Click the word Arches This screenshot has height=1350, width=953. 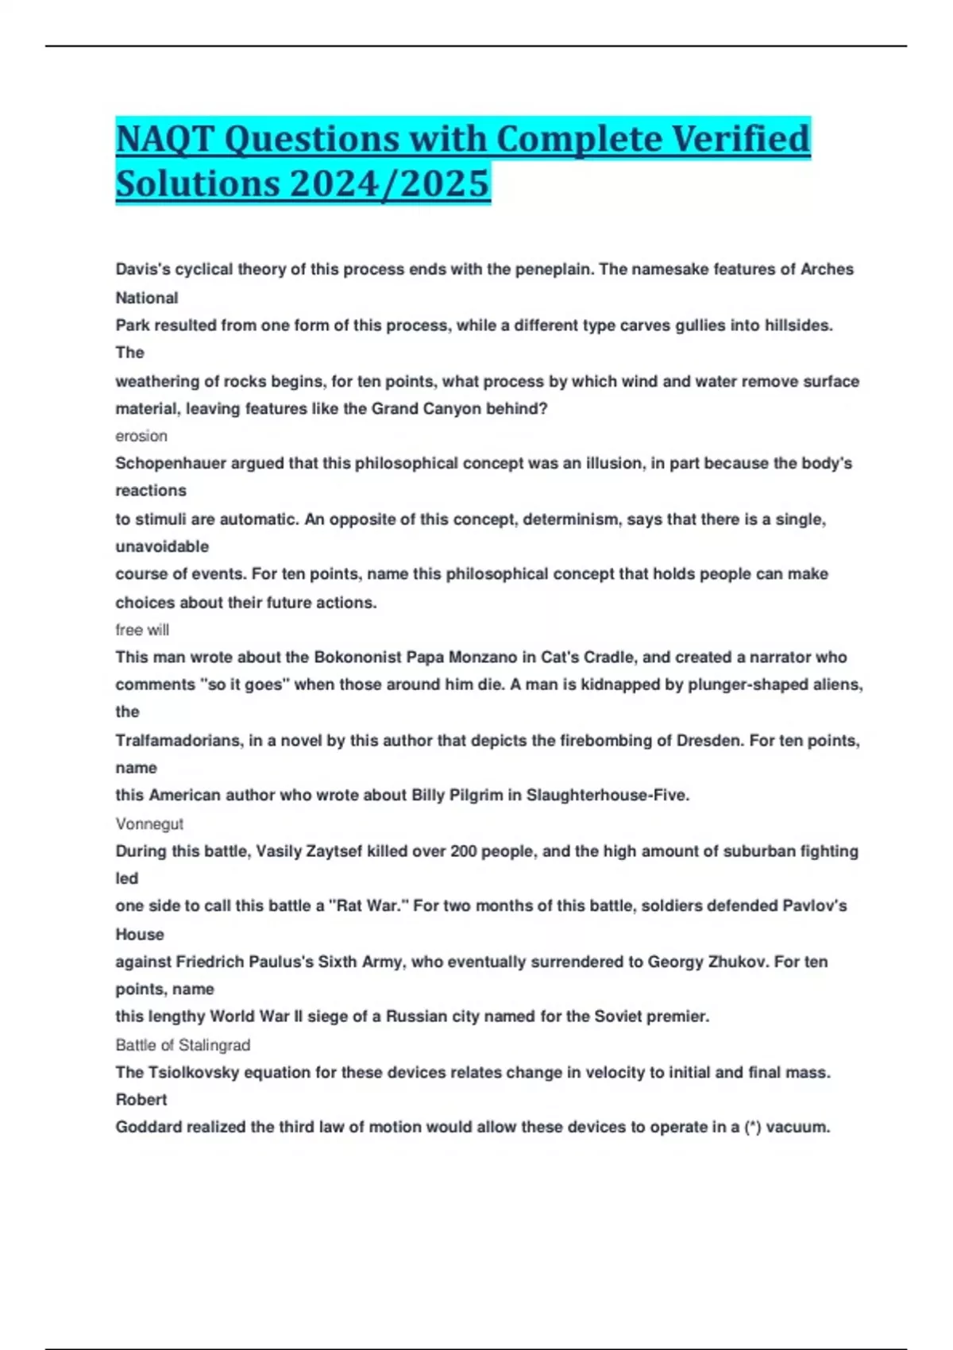pos(827,269)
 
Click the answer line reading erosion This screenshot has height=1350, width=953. pos(141,436)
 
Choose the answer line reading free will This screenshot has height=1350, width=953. pos(142,630)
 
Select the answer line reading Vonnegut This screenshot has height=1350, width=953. pos(149,824)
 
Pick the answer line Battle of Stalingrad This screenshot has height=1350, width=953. pos(183,1045)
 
